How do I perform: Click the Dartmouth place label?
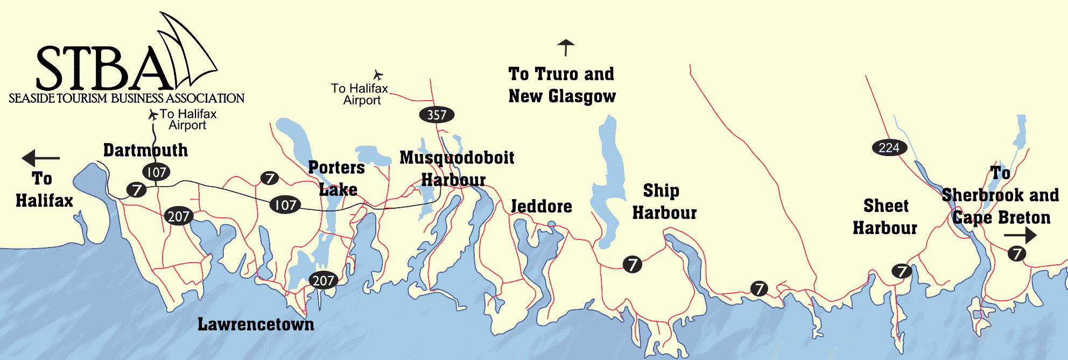145,150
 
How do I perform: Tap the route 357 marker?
437,115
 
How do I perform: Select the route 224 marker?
889,147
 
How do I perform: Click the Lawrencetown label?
256,324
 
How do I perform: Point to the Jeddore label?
541,206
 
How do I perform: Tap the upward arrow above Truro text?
565,47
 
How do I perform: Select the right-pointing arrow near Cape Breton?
1020,235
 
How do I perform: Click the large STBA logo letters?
102,69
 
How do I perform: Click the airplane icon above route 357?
378,75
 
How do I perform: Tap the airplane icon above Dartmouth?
153,115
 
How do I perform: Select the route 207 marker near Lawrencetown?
323,280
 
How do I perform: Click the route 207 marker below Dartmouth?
178,216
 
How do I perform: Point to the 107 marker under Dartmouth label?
156,172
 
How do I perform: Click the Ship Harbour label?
663,202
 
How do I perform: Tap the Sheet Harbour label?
885,217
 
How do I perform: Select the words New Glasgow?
562,96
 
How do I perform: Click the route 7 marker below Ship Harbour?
633,264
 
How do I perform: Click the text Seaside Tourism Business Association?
127,98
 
